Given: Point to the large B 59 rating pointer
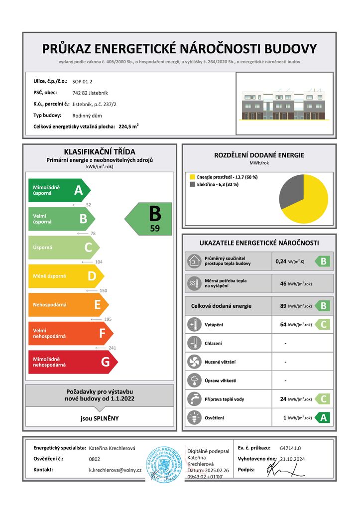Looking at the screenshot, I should click(149, 218).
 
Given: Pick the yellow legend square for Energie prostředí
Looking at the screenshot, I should click(192, 177).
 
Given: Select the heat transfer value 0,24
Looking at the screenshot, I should click(283, 261).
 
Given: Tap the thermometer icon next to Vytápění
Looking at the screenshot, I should click(193, 325).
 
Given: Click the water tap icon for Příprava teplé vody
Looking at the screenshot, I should click(193, 399).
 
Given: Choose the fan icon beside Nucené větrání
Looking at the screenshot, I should click(193, 362).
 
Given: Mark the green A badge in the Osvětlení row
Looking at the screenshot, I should click(323, 417).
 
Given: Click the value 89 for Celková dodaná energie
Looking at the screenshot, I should click(283, 306).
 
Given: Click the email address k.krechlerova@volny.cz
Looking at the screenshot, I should click(116, 470).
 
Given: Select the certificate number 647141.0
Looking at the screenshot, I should click(290, 448).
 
